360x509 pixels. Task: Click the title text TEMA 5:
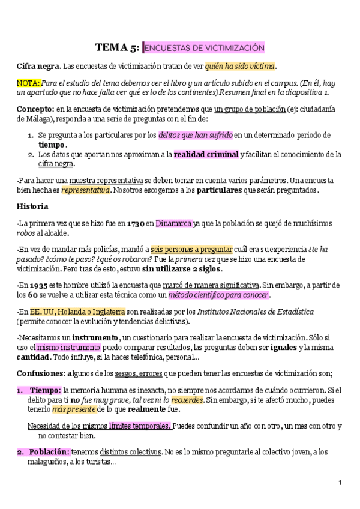tap(118, 48)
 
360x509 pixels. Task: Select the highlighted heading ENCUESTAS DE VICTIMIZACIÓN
tap(205, 48)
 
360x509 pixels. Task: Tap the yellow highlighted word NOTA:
tap(28, 82)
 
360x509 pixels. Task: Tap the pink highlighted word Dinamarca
tap(174, 223)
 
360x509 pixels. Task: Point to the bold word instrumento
tap(95, 337)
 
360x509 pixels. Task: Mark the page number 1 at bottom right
tap(340, 483)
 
